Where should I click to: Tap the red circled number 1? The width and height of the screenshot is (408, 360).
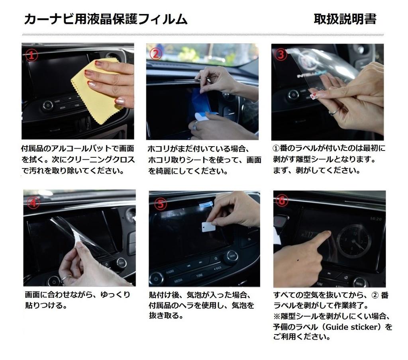[x=32, y=55]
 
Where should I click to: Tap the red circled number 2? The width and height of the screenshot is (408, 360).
[x=156, y=54]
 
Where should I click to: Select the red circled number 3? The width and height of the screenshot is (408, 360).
[x=281, y=54]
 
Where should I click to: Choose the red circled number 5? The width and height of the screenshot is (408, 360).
[x=160, y=204]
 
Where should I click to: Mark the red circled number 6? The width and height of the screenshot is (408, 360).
[x=282, y=201]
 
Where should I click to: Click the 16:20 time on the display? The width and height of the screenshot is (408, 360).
[x=375, y=219]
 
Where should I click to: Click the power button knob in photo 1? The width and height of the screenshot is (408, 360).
[x=48, y=106]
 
